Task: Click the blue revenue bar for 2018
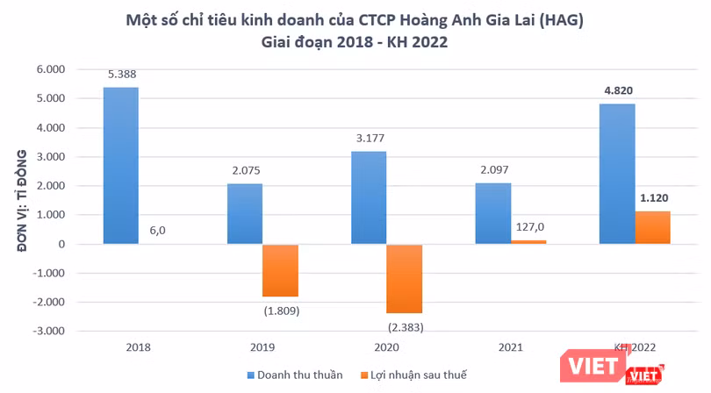coord(120,166)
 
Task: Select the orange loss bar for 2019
coord(280,270)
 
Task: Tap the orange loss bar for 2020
coord(405,279)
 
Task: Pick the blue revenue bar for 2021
coord(493,213)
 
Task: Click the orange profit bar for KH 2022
coord(653,227)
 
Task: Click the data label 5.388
coord(120,75)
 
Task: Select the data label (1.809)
coord(282,310)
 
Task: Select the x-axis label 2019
coord(262,347)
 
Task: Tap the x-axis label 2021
coord(511,347)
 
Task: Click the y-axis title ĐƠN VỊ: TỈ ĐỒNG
coord(25,200)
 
